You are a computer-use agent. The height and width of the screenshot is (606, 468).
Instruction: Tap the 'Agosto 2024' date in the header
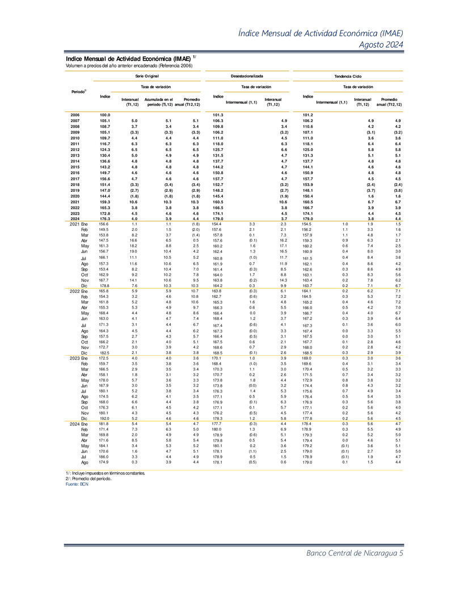pos(382,45)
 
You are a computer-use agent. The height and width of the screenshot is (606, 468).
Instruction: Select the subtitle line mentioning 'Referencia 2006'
pos(129,65)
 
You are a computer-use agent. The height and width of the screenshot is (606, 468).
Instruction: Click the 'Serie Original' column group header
pos(147,75)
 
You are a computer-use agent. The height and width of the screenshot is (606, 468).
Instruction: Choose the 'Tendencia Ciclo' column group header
pos(348,75)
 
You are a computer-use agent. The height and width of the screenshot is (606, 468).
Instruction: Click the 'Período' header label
pos(78,91)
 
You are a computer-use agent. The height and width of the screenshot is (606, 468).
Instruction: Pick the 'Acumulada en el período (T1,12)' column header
pos(158,103)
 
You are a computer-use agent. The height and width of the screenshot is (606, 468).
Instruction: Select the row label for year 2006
pos(75,115)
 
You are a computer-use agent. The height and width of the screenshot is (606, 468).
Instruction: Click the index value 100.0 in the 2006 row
pos(104,115)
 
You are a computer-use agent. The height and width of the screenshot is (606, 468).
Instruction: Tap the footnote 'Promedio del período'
pos(88,478)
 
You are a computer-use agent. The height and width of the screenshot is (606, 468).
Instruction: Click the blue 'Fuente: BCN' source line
pos(77,484)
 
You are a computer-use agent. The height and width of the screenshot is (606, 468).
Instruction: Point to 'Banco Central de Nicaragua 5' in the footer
pos(355,554)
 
